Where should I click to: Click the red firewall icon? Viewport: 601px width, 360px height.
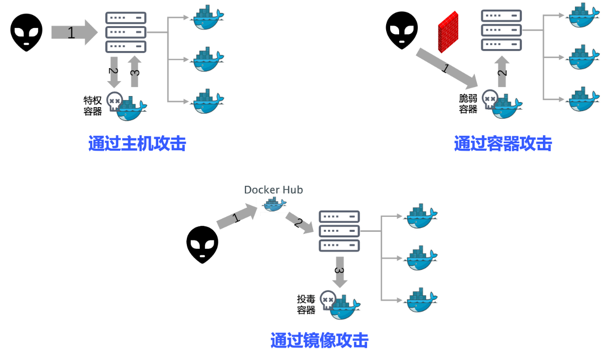pyautogui.click(x=448, y=32)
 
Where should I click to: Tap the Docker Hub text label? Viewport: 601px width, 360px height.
pyautogui.click(x=273, y=190)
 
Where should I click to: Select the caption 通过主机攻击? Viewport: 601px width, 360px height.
pyautogui.click(x=137, y=144)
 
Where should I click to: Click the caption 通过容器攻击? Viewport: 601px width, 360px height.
pyautogui.click(x=503, y=144)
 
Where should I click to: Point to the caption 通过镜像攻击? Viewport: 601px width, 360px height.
pyautogui.click(x=320, y=340)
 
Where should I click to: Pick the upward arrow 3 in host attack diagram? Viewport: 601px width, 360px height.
pyautogui.click(x=135, y=71)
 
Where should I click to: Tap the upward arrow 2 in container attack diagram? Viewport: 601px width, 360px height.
pyautogui.click(x=502, y=71)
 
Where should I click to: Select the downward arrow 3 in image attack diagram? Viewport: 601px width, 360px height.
pyautogui.click(x=340, y=272)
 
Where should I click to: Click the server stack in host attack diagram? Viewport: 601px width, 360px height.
pyautogui.click(x=126, y=33)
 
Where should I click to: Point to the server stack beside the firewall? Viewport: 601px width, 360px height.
pyautogui.click(x=501, y=30)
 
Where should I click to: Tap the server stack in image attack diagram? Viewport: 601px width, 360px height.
pyautogui.click(x=339, y=231)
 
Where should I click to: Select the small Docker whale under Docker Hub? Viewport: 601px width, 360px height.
pyautogui.click(x=274, y=204)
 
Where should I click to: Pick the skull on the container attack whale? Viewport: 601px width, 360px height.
pyautogui.click(x=490, y=99)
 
